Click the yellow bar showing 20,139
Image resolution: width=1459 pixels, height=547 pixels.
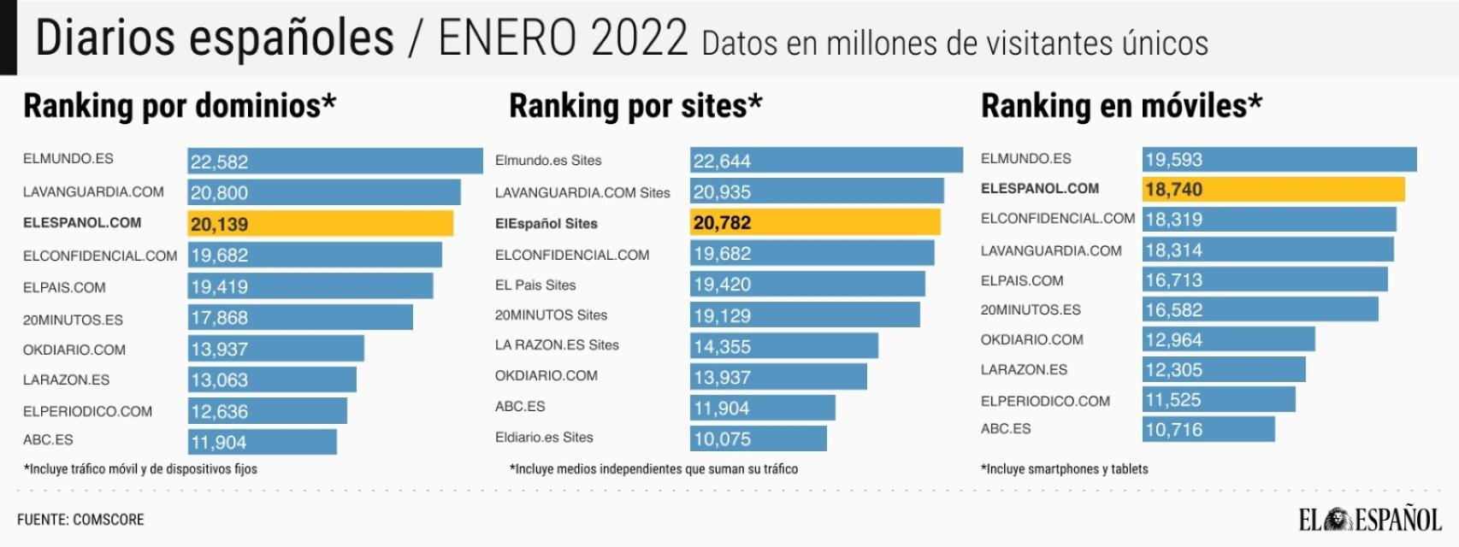tap(320, 224)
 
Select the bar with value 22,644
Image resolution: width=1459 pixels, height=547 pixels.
tap(825, 161)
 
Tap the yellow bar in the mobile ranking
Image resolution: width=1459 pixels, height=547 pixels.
tap(1273, 189)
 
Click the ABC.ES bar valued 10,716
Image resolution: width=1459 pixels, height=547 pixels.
tap(1208, 429)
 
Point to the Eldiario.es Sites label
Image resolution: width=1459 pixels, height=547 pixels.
tap(544, 438)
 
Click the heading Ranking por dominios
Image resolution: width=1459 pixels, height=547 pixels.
tap(180, 106)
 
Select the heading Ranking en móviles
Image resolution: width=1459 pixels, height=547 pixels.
tap(1120, 106)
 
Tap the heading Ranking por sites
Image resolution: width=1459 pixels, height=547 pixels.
tap(635, 106)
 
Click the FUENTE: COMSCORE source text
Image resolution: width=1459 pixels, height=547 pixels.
tap(80, 520)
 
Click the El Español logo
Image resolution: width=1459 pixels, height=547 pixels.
tap(1369, 519)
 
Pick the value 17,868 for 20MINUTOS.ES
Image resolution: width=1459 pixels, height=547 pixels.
tap(220, 318)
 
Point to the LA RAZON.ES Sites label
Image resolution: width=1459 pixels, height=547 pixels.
tap(557, 345)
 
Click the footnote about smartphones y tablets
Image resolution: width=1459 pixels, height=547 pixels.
tap(1064, 469)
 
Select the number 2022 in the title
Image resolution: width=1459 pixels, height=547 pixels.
tap(639, 38)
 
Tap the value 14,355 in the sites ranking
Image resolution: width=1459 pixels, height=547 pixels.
tap(723, 347)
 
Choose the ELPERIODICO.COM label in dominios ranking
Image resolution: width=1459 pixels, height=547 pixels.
tap(87, 411)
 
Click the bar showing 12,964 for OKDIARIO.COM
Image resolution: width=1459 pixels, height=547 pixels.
tap(1228, 339)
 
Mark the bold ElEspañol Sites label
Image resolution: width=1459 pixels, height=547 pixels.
tap(546, 224)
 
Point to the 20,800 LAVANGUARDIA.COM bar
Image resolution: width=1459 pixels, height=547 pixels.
tap(323, 192)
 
